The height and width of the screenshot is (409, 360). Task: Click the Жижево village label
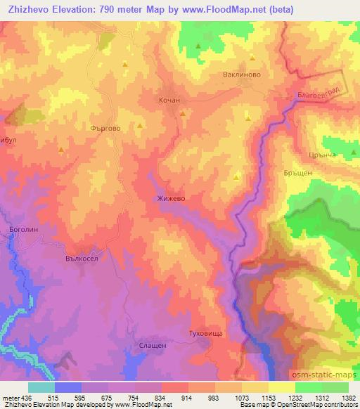[x=171, y=199]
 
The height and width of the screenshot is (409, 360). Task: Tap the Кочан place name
[x=169, y=100]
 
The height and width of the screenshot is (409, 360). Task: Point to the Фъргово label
[x=105, y=129]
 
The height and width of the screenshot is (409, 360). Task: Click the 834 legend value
[x=161, y=397]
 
